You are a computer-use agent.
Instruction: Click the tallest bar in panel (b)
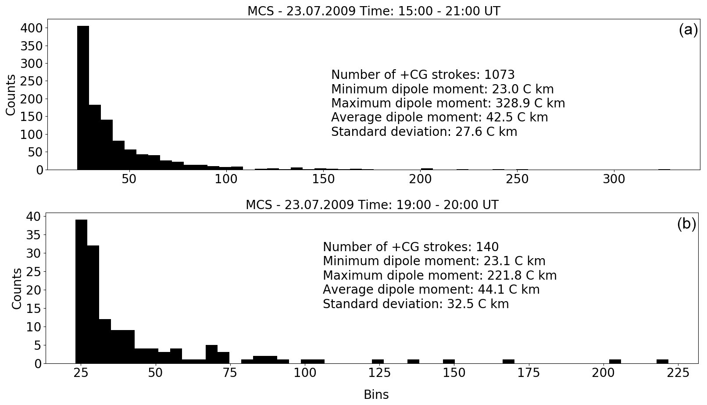click(81, 291)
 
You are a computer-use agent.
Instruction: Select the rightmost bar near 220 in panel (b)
click(662, 362)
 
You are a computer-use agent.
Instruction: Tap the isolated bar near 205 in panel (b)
click(615, 362)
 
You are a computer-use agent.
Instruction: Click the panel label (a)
click(688, 30)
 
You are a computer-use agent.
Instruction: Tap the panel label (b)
click(686, 224)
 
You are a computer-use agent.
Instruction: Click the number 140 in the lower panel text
click(487, 247)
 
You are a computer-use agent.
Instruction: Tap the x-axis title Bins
click(376, 394)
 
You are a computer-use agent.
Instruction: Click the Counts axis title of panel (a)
click(11, 95)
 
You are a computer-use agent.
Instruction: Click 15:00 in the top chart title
click(410, 11)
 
